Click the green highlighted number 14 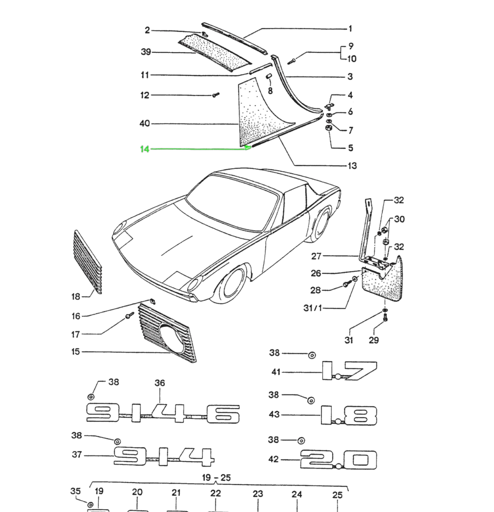pyautogui.click(x=145, y=149)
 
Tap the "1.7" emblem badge pyautogui.click(x=349, y=371)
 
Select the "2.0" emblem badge pyautogui.click(x=339, y=459)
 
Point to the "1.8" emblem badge pyautogui.click(x=349, y=416)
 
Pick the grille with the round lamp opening pyautogui.click(x=167, y=333)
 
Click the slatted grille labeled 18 pyautogui.click(x=88, y=262)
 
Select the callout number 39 pyautogui.click(x=146, y=52)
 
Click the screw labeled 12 pyautogui.click(x=216, y=95)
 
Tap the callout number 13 pyautogui.click(x=352, y=165)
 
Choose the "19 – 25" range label pyautogui.click(x=216, y=478)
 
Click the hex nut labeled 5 pyautogui.click(x=328, y=128)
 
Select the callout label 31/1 pyautogui.click(x=313, y=308)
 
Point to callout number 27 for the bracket pyautogui.click(x=316, y=256)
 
